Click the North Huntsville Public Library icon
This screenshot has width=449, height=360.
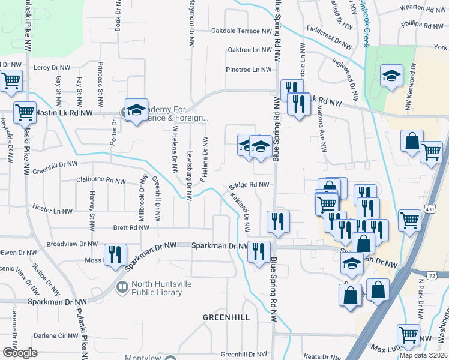click(122, 287)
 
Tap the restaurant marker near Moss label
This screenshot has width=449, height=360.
click(114, 254)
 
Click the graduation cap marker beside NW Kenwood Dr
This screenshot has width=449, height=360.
click(391, 76)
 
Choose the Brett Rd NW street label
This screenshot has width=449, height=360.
click(131, 228)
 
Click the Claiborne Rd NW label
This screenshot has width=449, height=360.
click(101, 179)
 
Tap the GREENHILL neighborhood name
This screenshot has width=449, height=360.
click(226, 317)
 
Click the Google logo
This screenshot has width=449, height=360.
click(20, 353)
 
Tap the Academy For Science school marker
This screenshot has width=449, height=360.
click(137, 109)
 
